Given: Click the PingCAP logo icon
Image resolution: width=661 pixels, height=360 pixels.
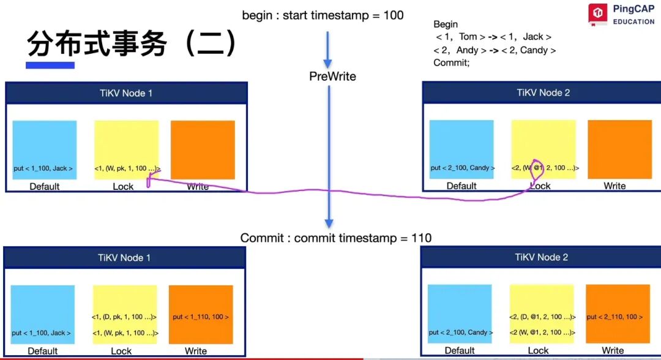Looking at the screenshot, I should [x=597, y=14].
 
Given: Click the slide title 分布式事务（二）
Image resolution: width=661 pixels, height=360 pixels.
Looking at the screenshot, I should [x=132, y=43].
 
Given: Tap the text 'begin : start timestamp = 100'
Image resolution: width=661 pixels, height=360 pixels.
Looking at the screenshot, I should [x=323, y=15].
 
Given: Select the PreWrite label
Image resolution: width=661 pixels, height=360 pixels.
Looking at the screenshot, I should [x=332, y=77].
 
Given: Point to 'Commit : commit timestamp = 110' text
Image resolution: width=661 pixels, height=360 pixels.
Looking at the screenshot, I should [x=335, y=238].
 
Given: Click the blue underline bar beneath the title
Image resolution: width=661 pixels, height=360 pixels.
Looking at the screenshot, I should [x=50, y=65].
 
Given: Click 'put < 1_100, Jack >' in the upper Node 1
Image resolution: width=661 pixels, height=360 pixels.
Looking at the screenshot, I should [x=43, y=168].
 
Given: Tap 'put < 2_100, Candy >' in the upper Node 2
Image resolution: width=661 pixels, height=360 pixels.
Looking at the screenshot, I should [x=462, y=168].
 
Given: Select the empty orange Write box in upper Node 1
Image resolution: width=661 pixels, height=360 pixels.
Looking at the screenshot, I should [x=203, y=149].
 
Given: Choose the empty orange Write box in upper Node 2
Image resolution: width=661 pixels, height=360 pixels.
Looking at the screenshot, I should [x=619, y=149].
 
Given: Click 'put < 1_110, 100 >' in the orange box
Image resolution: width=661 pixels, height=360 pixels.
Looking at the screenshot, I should [x=201, y=317].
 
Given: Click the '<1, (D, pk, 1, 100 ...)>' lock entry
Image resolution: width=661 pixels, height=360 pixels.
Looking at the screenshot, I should [x=124, y=317].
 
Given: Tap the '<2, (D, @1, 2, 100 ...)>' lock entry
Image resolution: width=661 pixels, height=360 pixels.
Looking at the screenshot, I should [x=542, y=317].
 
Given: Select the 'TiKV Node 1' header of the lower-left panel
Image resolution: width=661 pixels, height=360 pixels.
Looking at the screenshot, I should [x=124, y=258].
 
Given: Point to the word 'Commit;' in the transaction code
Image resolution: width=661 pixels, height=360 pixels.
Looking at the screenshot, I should [x=451, y=63].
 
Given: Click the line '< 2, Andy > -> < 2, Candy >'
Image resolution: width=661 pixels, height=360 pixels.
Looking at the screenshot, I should [x=495, y=50].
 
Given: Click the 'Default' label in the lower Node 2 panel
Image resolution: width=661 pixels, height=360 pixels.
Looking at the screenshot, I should [x=460, y=350].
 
